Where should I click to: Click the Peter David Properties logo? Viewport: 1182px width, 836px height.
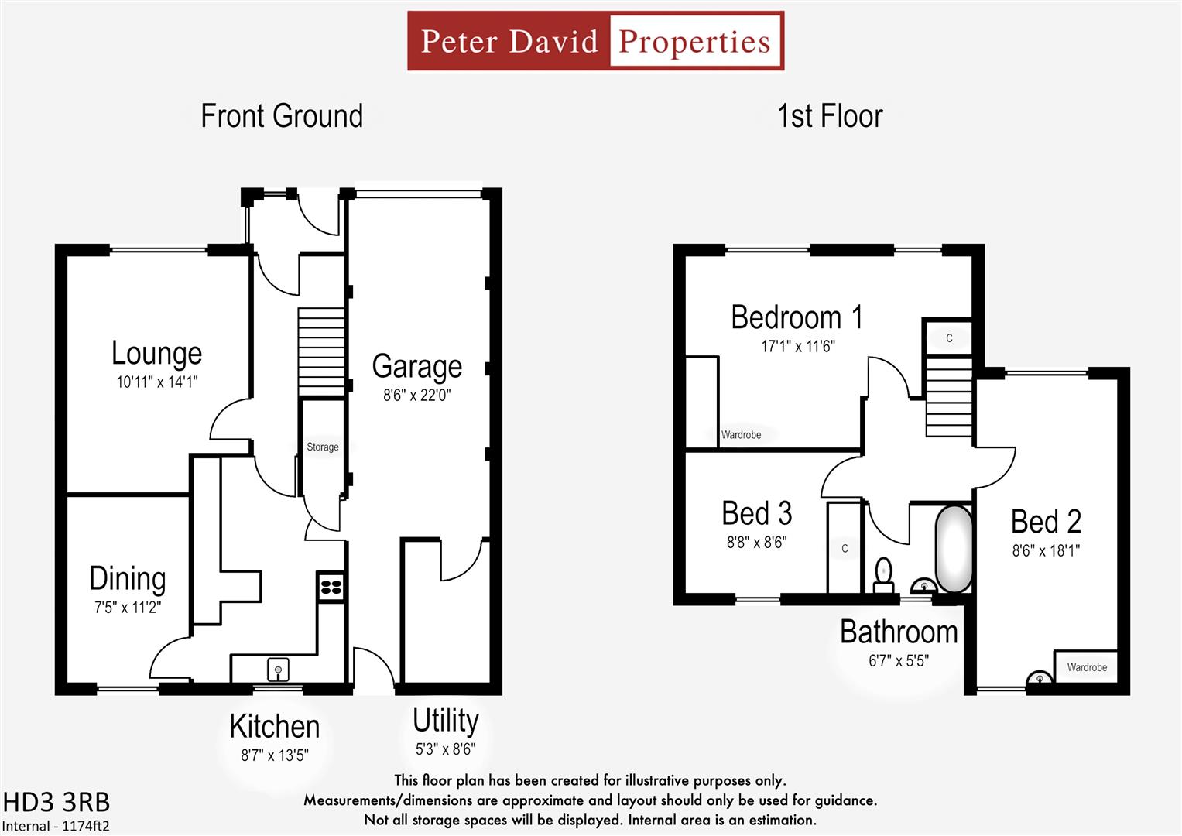click(x=595, y=41)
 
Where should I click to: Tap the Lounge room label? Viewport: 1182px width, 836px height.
click(x=156, y=353)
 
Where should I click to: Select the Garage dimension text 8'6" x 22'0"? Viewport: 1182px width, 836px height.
click(x=416, y=395)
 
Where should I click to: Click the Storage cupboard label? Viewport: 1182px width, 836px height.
click(x=322, y=447)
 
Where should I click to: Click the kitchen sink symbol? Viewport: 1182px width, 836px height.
click(x=278, y=668)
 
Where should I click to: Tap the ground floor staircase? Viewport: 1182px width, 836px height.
click(x=321, y=351)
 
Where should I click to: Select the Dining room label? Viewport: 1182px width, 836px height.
click(x=127, y=579)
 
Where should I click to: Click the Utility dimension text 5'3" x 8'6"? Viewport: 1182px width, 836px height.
click(x=445, y=749)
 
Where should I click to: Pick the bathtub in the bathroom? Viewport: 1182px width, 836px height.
click(x=954, y=549)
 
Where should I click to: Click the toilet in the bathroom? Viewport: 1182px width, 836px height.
click(x=883, y=574)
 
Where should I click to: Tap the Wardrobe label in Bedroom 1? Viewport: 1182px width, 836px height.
click(x=741, y=435)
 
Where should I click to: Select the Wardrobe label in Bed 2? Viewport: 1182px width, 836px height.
click(x=1086, y=667)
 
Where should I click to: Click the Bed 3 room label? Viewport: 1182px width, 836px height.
click(x=756, y=513)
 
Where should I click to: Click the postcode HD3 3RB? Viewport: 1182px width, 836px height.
click(x=57, y=802)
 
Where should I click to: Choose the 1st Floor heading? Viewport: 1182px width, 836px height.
click(x=829, y=116)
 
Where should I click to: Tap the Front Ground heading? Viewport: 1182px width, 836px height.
click(x=282, y=116)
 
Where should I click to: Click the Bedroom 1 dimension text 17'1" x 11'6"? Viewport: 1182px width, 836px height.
click(x=797, y=346)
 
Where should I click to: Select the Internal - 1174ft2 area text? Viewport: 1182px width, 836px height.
click(x=56, y=826)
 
